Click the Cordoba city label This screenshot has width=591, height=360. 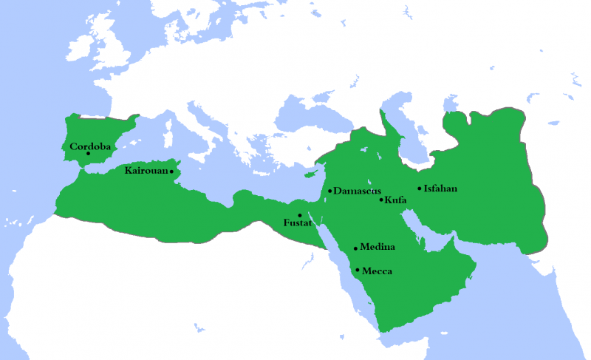[90, 146]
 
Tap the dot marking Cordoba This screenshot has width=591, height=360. [89, 154]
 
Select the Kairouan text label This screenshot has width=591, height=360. [146, 171]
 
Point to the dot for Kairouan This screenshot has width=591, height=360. [172, 171]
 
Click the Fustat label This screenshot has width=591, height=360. [298, 222]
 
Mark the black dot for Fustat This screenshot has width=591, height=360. [300, 215]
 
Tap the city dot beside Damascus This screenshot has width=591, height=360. [329, 191]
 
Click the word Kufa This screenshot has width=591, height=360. [396, 200]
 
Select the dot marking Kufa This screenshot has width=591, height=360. [381, 200]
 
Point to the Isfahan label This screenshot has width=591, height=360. [441, 189]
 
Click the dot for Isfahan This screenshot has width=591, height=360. [420, 189]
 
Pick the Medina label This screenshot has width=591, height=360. [378, 247]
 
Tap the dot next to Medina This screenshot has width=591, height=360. [356, 248]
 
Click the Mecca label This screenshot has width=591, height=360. [377, 271]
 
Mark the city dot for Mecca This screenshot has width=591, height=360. [358, 270]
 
